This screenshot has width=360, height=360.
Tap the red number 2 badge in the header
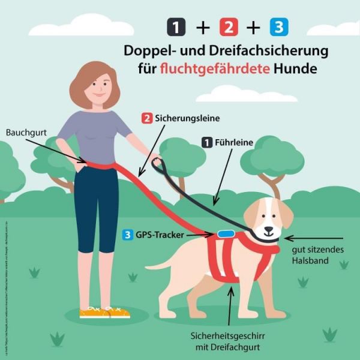coord(229,27)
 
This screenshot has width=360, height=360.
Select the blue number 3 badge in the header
coord(278,27)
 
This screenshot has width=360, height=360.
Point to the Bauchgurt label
coord(25,131)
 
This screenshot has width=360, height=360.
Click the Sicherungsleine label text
coord(182,118)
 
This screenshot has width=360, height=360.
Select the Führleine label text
coord(233,143)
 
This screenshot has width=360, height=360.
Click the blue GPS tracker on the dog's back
coord(226,233)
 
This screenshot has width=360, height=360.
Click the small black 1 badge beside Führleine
coord(206,143)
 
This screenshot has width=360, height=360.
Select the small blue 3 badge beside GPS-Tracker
coord(127,235)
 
